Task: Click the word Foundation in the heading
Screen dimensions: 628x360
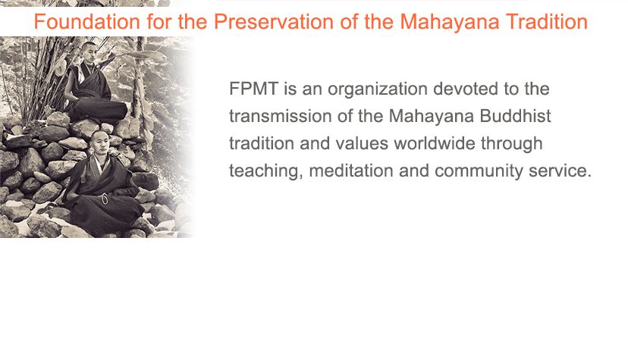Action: (86, 21)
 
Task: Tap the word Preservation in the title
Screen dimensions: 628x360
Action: (274, 21)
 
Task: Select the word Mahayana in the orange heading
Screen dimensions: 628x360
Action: (450, 23)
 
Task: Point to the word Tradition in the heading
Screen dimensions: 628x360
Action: (547, 21)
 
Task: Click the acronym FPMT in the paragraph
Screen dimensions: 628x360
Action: (253, 89)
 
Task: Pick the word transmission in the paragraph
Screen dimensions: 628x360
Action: (280, 116)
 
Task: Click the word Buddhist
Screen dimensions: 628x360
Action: (515, 116)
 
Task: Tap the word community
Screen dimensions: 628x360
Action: (479, 171)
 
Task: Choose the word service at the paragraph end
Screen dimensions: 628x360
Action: (560, 171)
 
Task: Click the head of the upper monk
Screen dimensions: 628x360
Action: (89, 52)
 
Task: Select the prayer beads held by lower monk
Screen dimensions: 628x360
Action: (105, 199)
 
